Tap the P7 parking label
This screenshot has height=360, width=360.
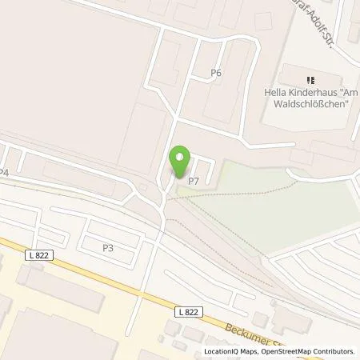(193, 181)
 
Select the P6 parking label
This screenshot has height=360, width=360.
(215, 73)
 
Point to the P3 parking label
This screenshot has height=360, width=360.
(107, 248)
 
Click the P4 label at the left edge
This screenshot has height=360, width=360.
(4, 172)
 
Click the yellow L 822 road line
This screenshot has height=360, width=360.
(120, 280)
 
